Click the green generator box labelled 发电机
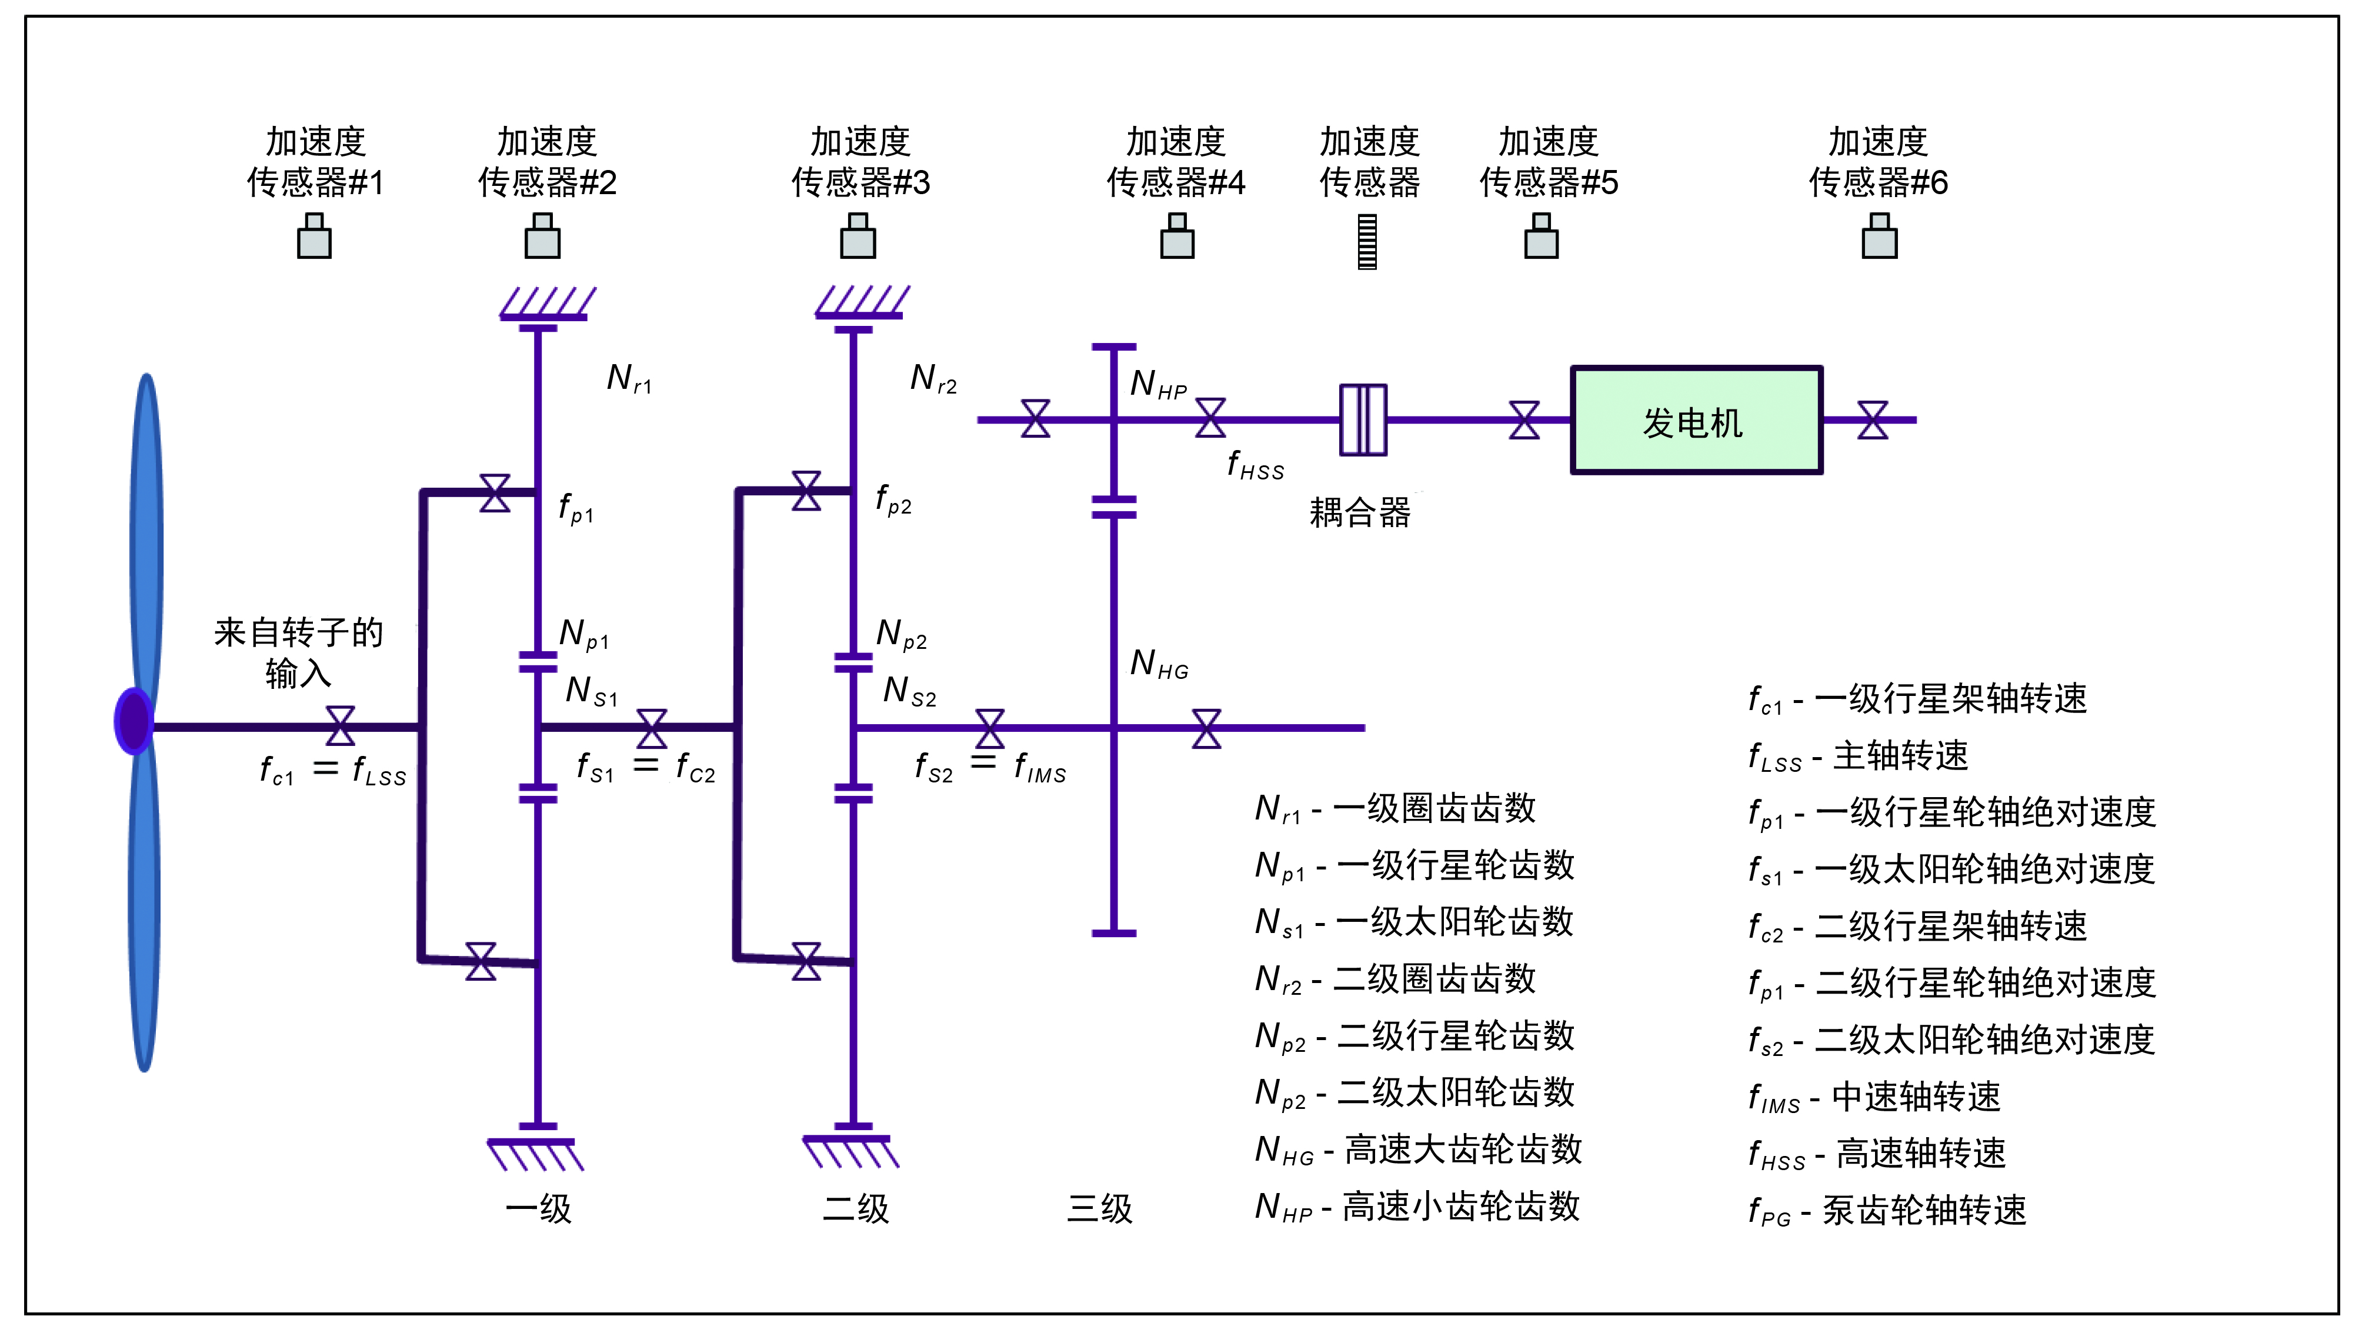pyautogui.click(x=1696, y=420)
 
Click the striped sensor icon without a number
pyautogui.click(x=1367, y=241)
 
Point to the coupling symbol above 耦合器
pyautogui.click(x=1363, y=420)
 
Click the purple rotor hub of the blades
pyautogui.click(x=134, y=721)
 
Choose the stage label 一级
pyautogui.click(x=539, y=1208)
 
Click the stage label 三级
pyautogui.click(x=1099, y=1208)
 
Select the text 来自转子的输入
pyautogui.click(x=298, y=652)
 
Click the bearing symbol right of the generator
pyautogui.click(x=1872, y=420)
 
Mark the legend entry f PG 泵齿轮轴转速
pyautogui.click(x=1887, y=1211)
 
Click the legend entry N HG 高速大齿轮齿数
pyautogui.click(x=1419, y=1150)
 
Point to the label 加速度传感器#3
pyautogui.click(x=860, y=162)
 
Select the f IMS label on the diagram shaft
pyautogui.click(x=1040, y=768)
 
